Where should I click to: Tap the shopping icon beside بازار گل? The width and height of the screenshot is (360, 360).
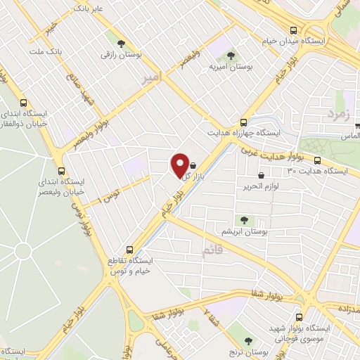point(193,167)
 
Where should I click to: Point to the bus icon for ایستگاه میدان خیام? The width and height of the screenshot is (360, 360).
point(293,30)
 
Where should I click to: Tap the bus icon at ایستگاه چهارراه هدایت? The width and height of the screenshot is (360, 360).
point(243,122)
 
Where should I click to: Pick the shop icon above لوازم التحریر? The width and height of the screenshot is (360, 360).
point(262,175)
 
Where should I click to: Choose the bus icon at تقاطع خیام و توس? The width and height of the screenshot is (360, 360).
point(129,250)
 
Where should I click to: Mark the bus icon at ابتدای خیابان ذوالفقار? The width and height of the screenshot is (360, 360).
point(25,102)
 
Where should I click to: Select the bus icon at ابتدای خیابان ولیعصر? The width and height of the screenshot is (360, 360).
point(61,170)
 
